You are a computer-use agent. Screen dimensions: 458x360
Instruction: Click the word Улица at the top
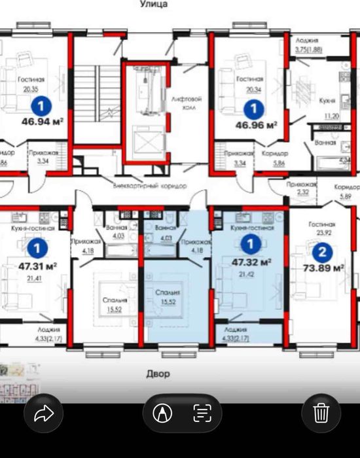(x=154, y=4)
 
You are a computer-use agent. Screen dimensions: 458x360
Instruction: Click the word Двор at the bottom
(x=157, y=374)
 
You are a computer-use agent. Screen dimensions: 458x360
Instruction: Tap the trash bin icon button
(x=321, y=413)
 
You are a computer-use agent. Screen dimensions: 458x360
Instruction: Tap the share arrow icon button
(x=43, y=413)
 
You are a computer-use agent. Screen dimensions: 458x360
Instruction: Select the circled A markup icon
(x=162, y=413)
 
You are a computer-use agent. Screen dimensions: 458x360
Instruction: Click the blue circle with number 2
(x=321, y=251)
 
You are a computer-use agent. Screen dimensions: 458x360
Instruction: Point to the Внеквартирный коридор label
(x=150, y=185)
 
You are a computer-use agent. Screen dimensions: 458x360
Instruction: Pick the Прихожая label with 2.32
(x=302, y=186)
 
